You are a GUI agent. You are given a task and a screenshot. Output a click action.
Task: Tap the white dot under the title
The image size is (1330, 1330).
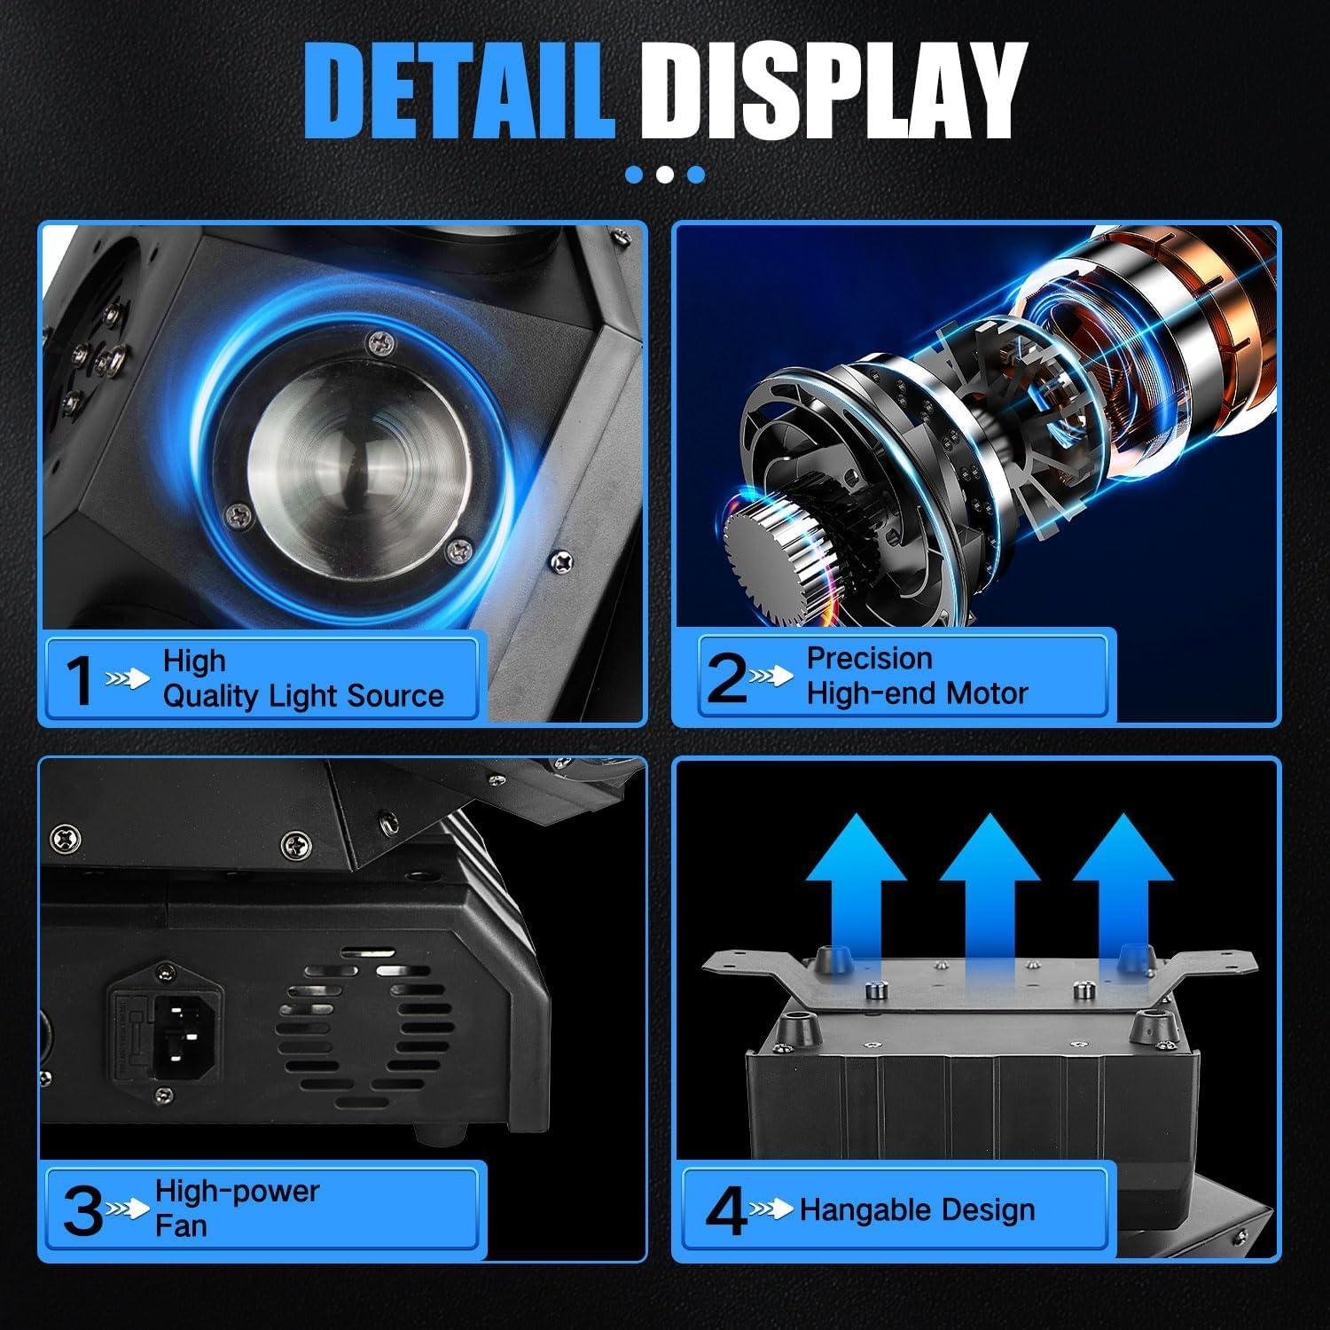click(665, 174)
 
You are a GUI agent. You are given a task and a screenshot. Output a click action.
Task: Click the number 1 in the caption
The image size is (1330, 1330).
click(81, 681)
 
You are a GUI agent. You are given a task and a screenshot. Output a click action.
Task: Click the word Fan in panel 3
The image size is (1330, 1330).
click(181, 1226)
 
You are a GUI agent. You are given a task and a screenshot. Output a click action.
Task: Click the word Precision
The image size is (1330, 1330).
click(869, 659)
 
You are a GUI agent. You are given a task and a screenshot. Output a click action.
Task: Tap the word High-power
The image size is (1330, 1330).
click(237, 1191)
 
